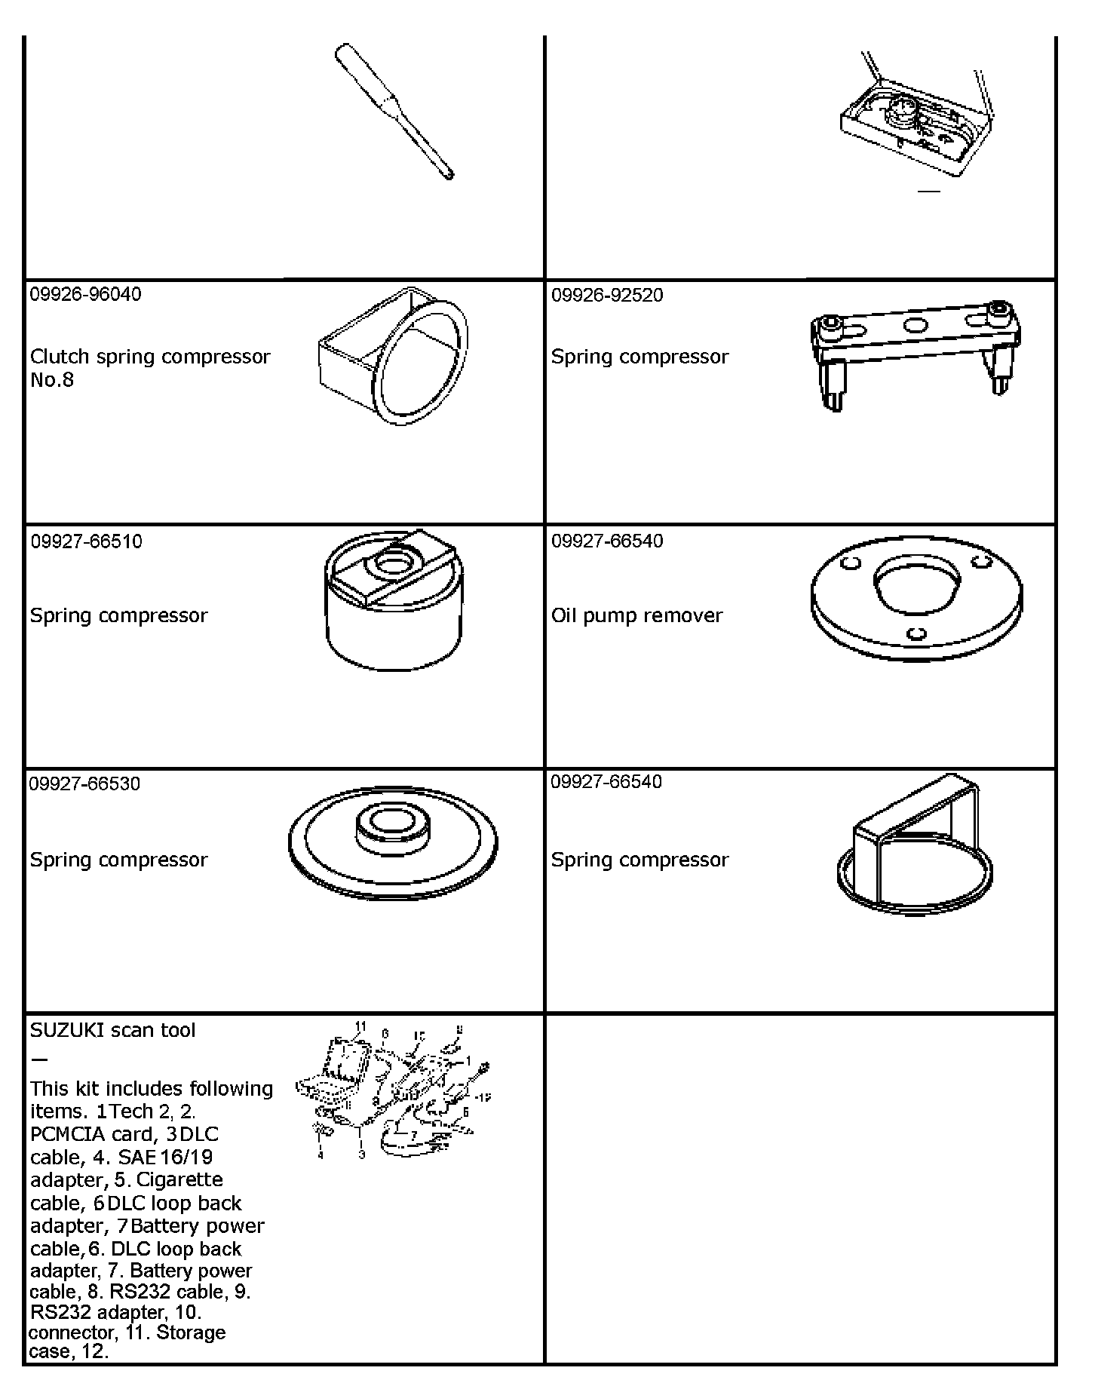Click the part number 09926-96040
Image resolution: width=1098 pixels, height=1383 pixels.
point(85,294)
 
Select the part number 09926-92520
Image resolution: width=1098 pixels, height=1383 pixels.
point(607,295)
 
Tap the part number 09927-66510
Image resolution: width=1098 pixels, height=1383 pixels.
point(86,541)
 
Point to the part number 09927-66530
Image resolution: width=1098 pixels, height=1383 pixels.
point(84,783)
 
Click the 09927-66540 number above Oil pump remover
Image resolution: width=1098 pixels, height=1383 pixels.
point(607,541)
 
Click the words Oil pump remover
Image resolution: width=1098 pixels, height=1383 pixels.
point(636,615)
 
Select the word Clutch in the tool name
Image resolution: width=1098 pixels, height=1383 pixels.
point(60,357)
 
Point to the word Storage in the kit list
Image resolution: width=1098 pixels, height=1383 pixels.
point(191,1332)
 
